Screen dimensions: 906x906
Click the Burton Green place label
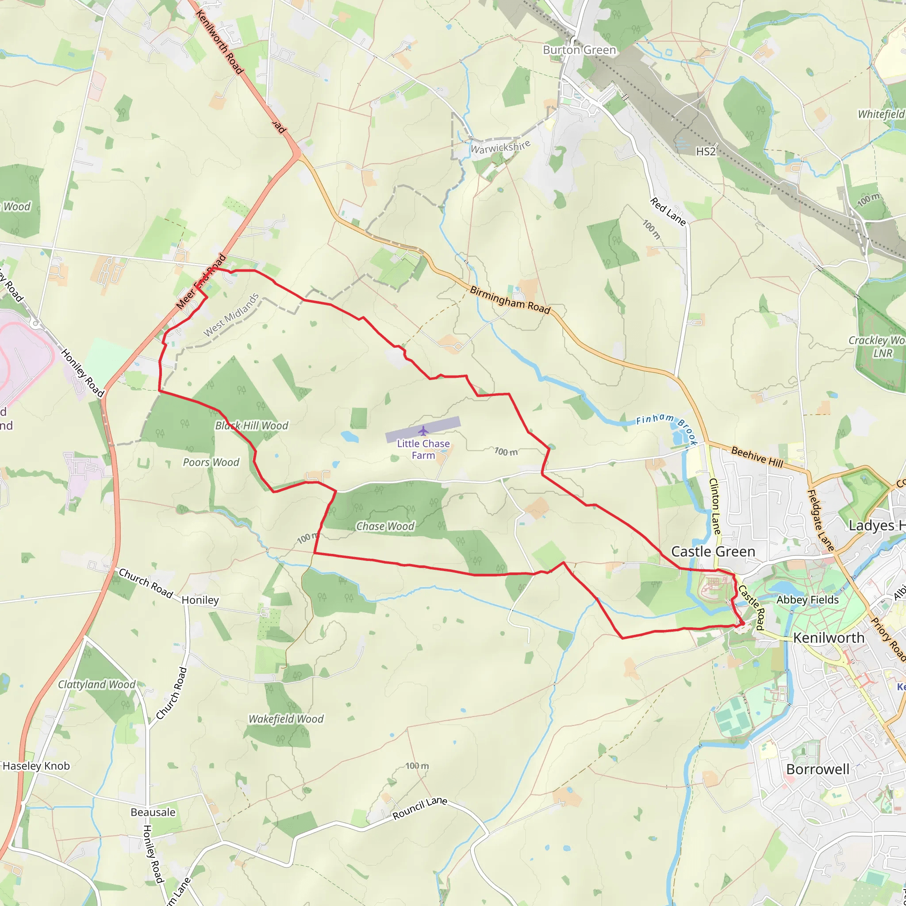[x=579, y=50]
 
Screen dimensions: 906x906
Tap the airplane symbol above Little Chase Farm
[x=423, y=430]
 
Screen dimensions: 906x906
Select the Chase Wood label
[x=385, y=526]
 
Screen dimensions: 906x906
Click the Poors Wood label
[x=211, y=462]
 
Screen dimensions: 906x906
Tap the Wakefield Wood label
[x=286, y=719]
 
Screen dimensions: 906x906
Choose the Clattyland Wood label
[x=96, y=684]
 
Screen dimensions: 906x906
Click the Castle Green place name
[x=713, y=552]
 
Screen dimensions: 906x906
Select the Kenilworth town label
[x=829, y=638]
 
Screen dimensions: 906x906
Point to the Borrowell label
[x=818, y=770]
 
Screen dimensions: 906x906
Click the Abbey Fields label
[x=807, y=600]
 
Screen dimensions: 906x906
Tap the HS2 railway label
[x=706, y=151]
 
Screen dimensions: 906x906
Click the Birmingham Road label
[x=510, y=299]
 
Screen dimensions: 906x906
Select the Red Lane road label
[x=668, y=211]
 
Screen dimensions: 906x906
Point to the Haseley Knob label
[x=36, y=766]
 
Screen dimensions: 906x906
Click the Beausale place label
[x=153, y=812]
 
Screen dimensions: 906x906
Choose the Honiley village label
[x=200, y=600]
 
